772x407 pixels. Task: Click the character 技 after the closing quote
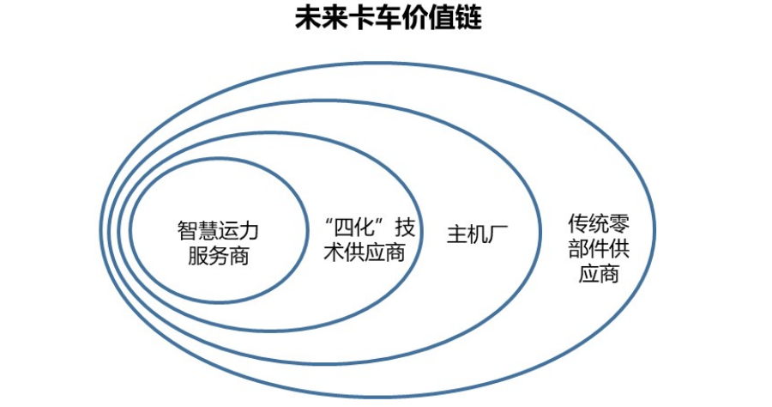point(406,229)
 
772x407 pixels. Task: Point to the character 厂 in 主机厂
point(493,235)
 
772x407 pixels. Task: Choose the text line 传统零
point(599,225)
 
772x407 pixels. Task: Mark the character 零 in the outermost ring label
point(619,225)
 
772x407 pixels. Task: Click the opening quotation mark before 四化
point(327,224)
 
